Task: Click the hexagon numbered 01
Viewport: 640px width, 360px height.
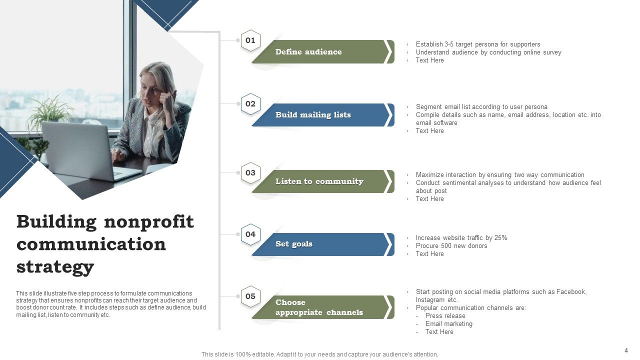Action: (x=250, y=40)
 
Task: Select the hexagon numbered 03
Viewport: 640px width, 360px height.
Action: (x=250, y=173)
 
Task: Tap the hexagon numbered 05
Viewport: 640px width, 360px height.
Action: (x=250, y=296)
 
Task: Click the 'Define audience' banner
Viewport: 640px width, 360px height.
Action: (x=320, y=52)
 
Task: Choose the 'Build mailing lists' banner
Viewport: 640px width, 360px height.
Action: (x=320, y=115)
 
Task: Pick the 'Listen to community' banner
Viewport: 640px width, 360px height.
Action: (x=320, y=181)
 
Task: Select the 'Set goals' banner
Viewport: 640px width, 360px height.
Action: (x=320, y=244)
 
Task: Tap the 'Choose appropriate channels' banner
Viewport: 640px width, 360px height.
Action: (x=320, y=307)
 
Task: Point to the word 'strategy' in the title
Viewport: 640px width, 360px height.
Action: (x=55, y=267)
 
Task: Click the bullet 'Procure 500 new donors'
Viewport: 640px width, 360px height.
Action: (x=451, y=246)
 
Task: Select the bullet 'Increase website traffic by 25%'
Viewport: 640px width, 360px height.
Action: (x=461, y=238)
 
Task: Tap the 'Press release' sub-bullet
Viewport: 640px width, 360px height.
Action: (x=445, y=316)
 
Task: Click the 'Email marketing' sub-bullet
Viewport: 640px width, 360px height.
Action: (x=448, y=324)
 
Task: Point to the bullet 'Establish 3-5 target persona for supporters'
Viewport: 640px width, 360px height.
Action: (x=477, y=44)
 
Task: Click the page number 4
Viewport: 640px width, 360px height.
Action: (x=626, y=350)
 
